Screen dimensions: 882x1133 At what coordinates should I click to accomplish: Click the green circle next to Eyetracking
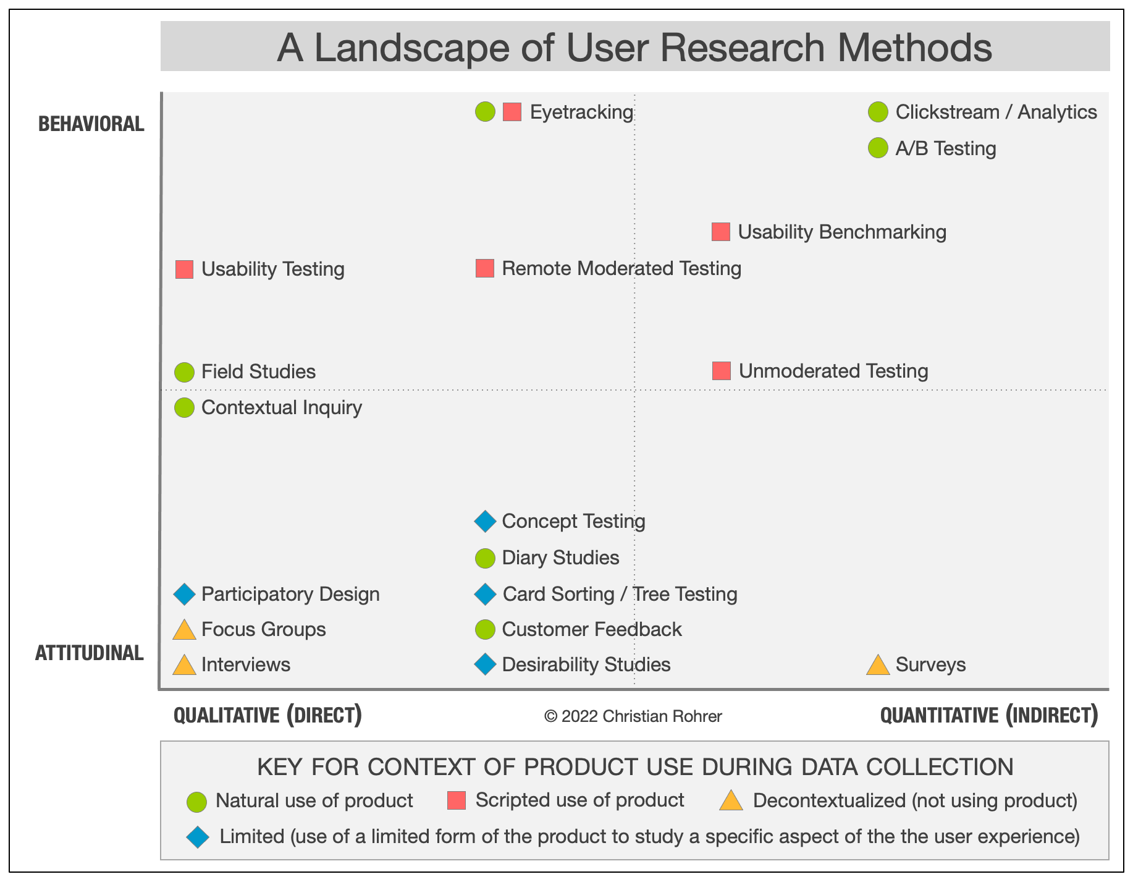click(485, 112)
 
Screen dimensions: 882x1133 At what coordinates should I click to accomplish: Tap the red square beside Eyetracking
click(512, 112)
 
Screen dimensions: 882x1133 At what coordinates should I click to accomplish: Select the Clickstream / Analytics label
click(996, 112)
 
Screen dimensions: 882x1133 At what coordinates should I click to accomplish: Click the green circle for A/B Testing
click(878, 148)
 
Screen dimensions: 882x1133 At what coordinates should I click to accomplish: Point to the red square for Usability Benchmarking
click(721, 232)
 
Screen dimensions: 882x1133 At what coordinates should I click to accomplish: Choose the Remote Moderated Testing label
click(621, 268)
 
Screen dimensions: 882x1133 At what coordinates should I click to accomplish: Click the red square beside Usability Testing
click(184, 269)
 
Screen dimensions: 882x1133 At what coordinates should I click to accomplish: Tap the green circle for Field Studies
click(184, 372)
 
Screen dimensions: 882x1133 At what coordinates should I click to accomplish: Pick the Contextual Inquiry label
click(282, 408)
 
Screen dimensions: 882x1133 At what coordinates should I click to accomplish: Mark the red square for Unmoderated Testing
click(721, 371)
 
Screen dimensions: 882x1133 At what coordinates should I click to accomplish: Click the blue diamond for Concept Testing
click(485, 522)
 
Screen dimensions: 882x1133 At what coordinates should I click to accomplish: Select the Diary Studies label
click(560, 558)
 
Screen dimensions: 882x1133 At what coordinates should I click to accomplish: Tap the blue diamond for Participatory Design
click(184, 595)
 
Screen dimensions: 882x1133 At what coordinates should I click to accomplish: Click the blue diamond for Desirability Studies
click(485, 664)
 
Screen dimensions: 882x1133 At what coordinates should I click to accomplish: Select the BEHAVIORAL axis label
click(91, 124)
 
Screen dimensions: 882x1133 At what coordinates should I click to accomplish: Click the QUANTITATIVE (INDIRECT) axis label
click(989, 716)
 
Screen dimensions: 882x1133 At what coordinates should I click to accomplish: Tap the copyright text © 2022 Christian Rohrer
click(633, 716)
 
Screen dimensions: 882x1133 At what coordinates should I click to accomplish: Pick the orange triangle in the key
click(731, 801)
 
